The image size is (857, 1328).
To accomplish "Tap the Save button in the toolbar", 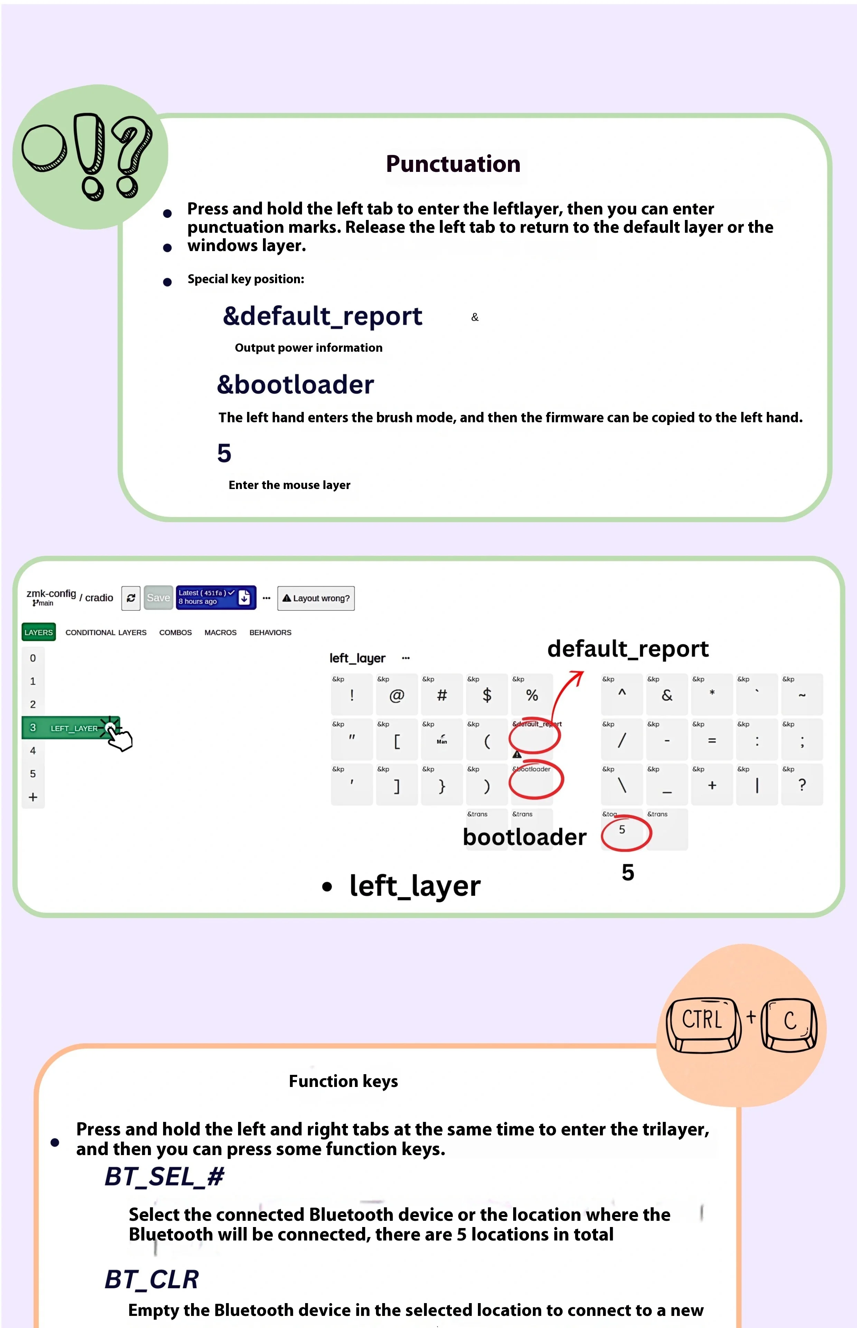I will tap(158, 598).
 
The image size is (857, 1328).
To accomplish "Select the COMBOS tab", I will tap(175, 633).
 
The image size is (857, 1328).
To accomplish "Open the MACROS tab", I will tap(220, 633).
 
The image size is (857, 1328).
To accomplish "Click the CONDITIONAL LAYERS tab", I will tap(106, 633).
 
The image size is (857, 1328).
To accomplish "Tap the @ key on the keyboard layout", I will tap(396, 695).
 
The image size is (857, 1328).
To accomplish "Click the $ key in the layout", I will tap(487, 695).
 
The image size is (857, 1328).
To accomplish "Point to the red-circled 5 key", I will tap(623, 831).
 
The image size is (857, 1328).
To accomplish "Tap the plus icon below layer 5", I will tap(33, 797).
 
